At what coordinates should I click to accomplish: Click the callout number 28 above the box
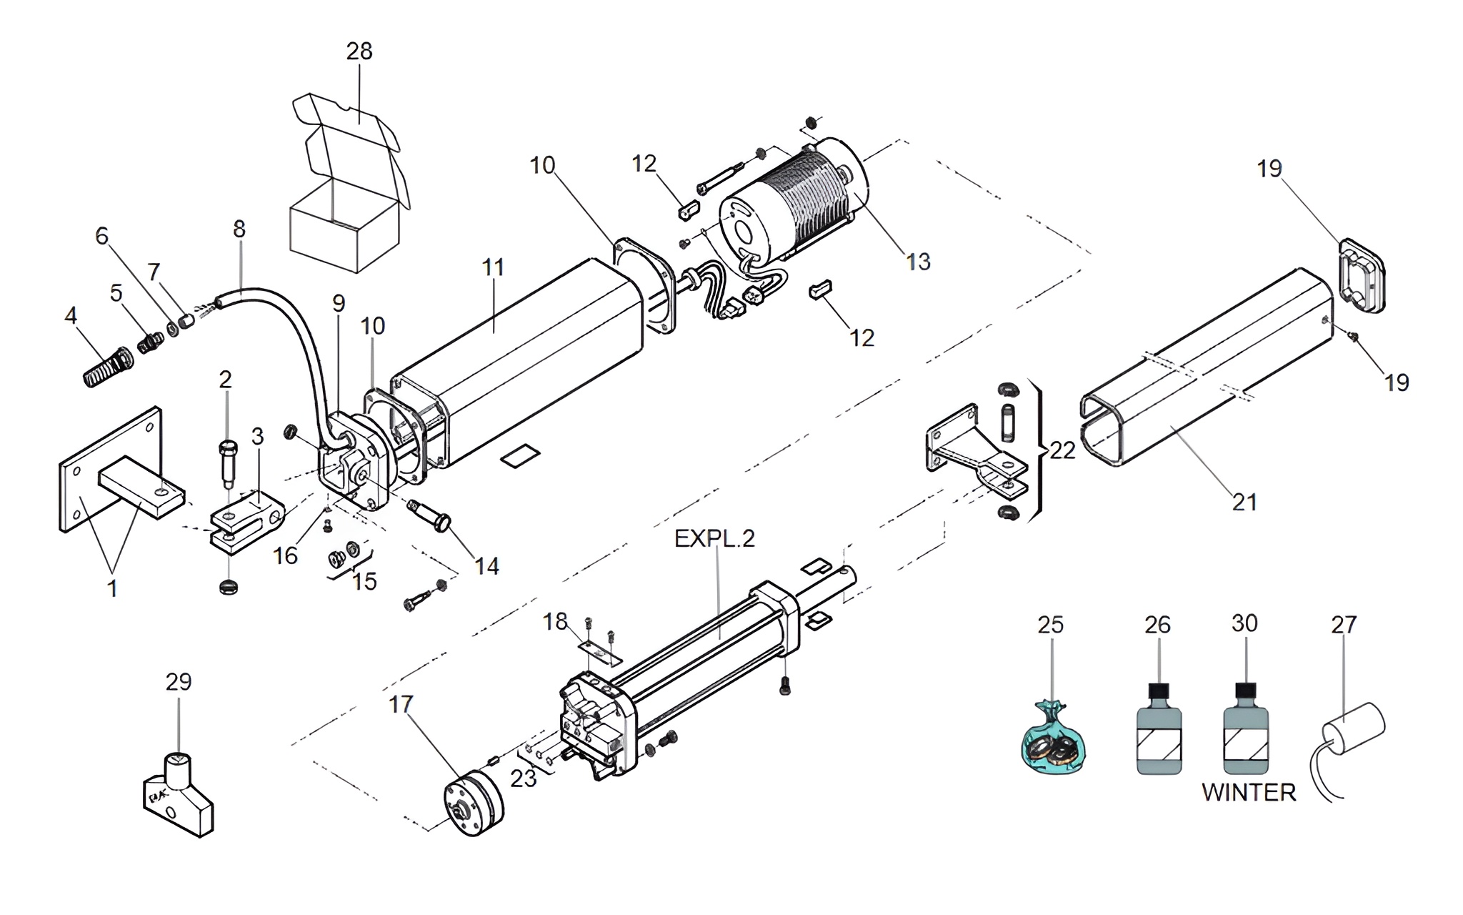click(359, 51)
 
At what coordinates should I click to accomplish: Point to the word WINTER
click(1248, 792)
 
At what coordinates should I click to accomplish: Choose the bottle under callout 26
click(1158, 736)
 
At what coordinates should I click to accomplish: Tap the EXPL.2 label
click(714, 538)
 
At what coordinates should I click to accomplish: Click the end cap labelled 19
click(1361, 275)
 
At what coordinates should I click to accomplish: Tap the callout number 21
click(1244, 502)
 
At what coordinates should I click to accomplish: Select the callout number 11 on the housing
click(493, 267)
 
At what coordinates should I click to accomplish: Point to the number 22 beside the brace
click(1062, 450)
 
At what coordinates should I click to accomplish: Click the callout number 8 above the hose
click(239, 229)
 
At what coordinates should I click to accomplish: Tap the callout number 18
click(555, 622)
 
